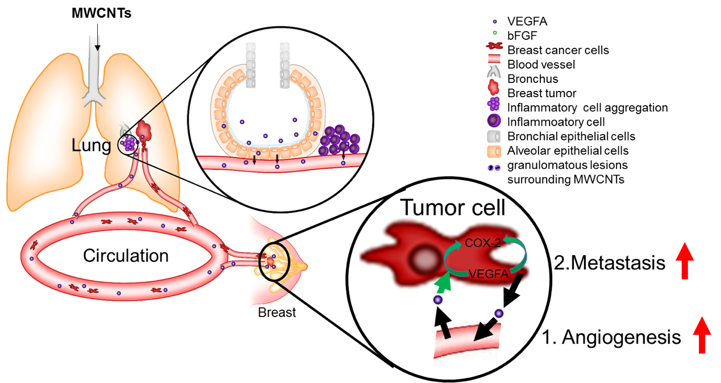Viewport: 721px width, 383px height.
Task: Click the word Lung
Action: coord(91,146)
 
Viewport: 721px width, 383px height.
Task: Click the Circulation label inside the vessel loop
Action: coord(126,256)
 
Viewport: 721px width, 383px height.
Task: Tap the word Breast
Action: coord(277,313)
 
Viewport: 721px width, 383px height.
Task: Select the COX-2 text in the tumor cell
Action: coord(483,243)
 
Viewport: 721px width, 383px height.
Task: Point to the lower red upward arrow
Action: coord(702,335)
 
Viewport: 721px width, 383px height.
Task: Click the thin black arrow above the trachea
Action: coord(98,38)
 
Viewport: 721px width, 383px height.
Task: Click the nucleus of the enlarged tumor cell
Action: coord(422,260)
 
